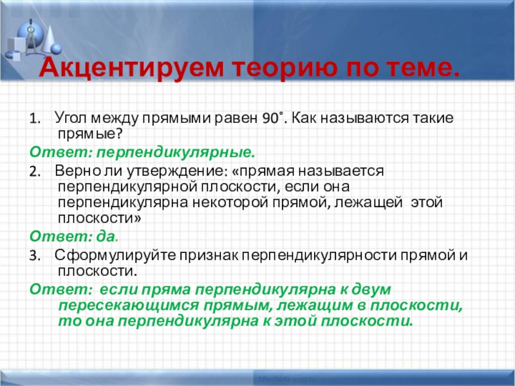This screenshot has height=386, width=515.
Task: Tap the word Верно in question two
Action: point(74,172)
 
